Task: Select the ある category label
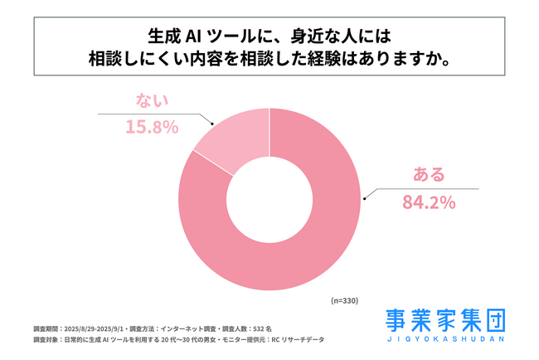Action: (x=429, y=175)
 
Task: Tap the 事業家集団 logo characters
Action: (x=447, y=320)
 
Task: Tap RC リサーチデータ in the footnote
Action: (x=300, y=340)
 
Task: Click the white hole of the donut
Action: (x=269, y=199)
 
